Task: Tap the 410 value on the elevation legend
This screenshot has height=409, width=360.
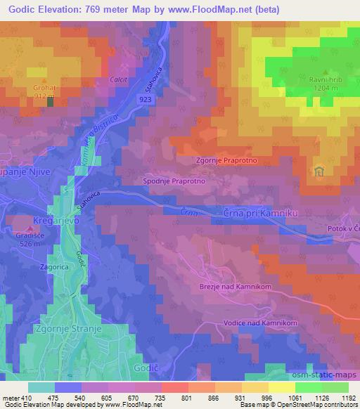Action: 25,398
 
